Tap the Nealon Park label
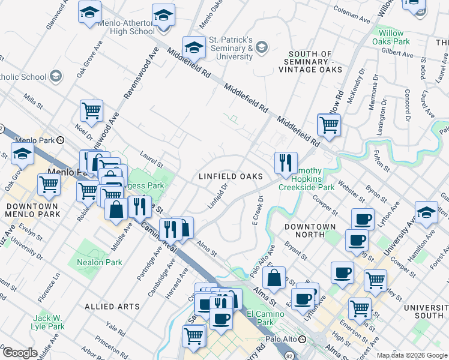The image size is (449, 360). click(x=99, y=262)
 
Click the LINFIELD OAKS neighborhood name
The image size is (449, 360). click(x=231, y=176)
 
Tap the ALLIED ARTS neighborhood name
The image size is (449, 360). click(x=112, y=306)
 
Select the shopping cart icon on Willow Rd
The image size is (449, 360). click(x=329, y=125)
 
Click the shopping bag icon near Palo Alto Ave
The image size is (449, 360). click(x=274, y=278)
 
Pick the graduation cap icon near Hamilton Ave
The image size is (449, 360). click(x=426, y=212)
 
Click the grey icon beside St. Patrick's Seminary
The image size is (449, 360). click(x=262, y=47)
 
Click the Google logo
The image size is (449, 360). click(x=20, y=352)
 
